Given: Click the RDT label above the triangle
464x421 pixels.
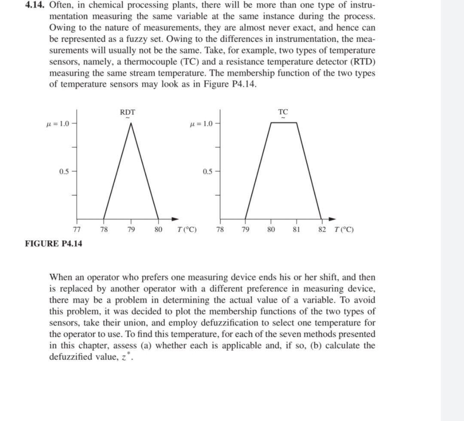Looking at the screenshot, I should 127,112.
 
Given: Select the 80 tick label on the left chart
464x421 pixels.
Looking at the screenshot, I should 158,229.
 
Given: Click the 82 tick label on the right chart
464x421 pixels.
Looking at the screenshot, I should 322,229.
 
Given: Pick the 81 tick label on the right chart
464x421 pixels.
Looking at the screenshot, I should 296,229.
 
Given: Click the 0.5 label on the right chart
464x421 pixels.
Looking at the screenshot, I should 207,172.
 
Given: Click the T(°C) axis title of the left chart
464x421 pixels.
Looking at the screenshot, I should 187,229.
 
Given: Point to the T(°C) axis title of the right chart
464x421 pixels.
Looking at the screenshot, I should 344,229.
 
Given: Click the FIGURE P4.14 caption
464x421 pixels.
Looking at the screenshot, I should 54,244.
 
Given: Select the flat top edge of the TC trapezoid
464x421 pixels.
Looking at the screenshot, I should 284,123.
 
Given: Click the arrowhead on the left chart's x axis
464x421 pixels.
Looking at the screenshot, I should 175,219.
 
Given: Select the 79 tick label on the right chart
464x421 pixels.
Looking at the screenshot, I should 245,229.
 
